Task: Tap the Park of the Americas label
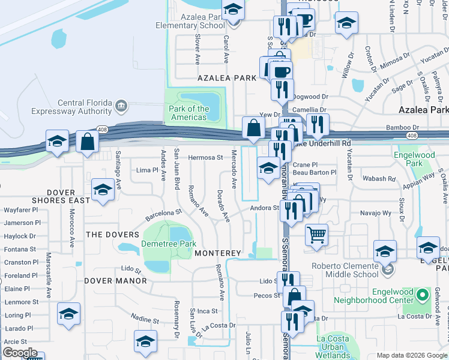pos(189,113)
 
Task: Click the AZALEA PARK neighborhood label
pos(228,78)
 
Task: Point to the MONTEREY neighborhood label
pos(217,254)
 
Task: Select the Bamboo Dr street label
pos(403,127)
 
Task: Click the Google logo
pos(20,353)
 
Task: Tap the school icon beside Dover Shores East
pos(103,191)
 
